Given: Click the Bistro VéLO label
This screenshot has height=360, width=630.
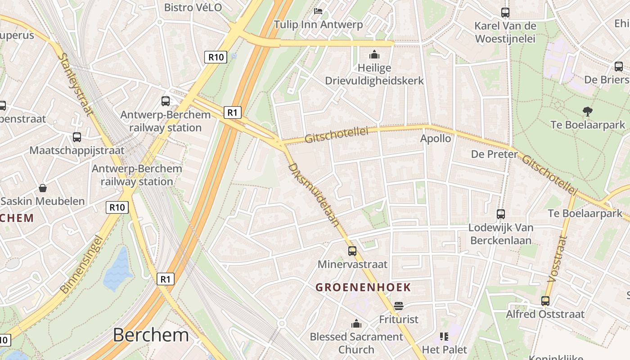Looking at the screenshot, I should pyautogui.click(x=193, y=7).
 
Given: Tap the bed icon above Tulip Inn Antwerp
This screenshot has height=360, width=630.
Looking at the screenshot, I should pyautogui.click(x=318, y=11).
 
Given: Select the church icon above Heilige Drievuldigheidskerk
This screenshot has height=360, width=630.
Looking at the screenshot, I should pyautogui.click(x=374, y=55).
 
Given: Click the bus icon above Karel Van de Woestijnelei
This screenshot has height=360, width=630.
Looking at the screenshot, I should pyautogui.click(x=505, y=12).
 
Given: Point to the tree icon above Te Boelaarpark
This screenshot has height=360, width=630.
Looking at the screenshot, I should pyautogui.click(x=587, y=111).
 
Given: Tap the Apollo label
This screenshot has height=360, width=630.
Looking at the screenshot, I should pyautogui.click(x=436, y=139).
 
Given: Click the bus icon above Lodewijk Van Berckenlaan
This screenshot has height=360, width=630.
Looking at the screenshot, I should pyautogui.click(x=501, y=214).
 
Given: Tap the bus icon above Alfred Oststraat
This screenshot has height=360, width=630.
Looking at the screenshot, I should pyautogui.click(x=545, y=301).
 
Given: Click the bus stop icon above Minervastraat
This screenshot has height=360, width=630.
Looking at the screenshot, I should pyautogui.click(x=352, y=251).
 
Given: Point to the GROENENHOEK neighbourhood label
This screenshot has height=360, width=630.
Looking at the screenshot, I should pyautogui.click(x=363, y=287).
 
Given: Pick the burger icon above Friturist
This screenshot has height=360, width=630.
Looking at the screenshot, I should pyautogui.click(x=398, y=306).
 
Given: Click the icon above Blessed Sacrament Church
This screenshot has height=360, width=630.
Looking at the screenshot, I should pyautogui.click(x=356, y=324).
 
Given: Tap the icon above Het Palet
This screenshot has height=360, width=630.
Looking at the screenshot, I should pyautogui.click(x=444, y=336).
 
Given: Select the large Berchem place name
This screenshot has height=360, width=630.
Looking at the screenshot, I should pyautogui.click(x=151, y=335).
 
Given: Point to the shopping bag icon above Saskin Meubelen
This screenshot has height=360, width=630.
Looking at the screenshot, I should pyautogui.click(x=43, y=188).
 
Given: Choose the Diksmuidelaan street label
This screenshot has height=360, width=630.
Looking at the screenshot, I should pyautogui.click(x=313, y=194).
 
